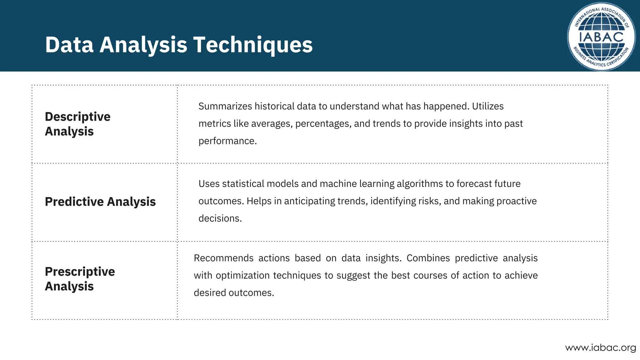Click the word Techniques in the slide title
point(253,45)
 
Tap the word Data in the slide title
point(69,45)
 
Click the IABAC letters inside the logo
point(601,37)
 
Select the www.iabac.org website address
point(600,347)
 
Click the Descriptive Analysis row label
point(77,124)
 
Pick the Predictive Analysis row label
point(100,202)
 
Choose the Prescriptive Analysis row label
point(80,279)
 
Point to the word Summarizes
point(225,106)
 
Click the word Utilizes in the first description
point(487,106)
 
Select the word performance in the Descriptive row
point(227,141)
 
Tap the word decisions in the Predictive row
point(220,218)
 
